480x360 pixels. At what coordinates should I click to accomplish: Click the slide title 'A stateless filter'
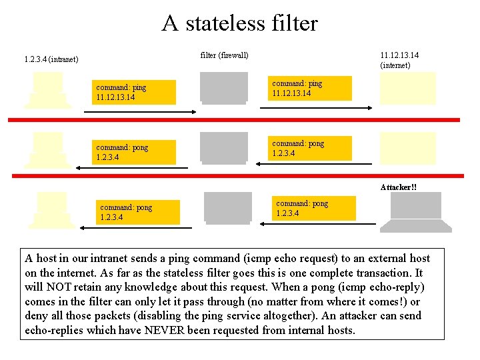(x=240, y=23)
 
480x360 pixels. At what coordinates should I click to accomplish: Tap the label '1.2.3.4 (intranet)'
(x=51, y=59)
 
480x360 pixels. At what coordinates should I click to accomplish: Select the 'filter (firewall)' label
(x=224, y=55)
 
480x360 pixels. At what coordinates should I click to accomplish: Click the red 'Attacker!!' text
(x=399, y=187)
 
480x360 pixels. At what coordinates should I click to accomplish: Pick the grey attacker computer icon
(x=415, y=212)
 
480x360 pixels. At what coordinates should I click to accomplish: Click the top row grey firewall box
(x=223, y=87)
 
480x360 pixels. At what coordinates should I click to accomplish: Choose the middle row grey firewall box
(x=223, y=147)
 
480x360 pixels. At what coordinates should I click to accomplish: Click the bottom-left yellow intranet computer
(x=51, y=209)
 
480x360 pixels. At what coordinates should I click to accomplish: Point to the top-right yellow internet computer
(x=407, y=89)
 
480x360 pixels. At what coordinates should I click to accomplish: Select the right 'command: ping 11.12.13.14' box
(x=311, y=88)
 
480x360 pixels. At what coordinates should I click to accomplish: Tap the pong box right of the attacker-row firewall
(x=315, y=208)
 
